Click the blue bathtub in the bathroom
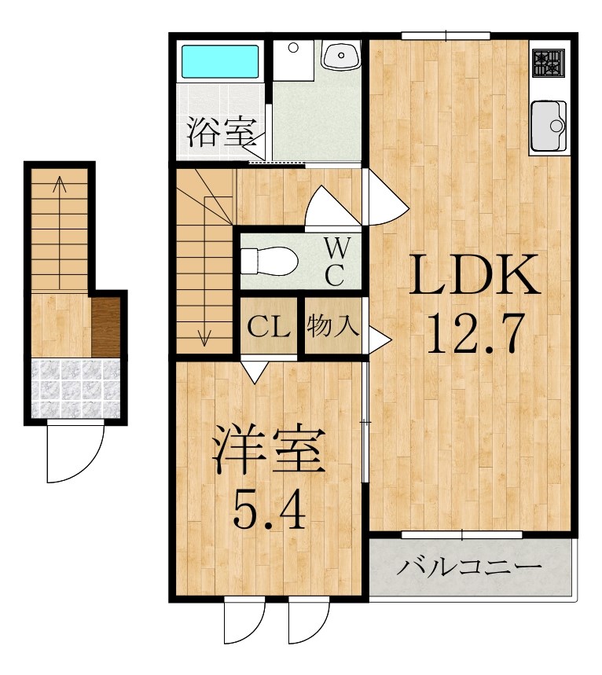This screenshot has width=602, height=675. coord(221,62)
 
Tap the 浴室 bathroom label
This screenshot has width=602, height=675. coord(215,132)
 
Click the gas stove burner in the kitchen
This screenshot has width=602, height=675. coord(549,63)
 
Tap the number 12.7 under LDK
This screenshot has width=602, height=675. coord(473,333)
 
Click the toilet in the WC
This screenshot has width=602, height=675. coord(267,259)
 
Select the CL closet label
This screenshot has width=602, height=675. coord(269,326)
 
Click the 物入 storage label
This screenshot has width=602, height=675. coord(333,325)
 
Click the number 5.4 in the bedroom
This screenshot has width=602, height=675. coord(267,511)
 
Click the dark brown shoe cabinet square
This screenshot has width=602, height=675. coord(108,324)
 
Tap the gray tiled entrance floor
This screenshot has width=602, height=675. coord(75,387)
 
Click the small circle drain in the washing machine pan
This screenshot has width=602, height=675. coord(294,48)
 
